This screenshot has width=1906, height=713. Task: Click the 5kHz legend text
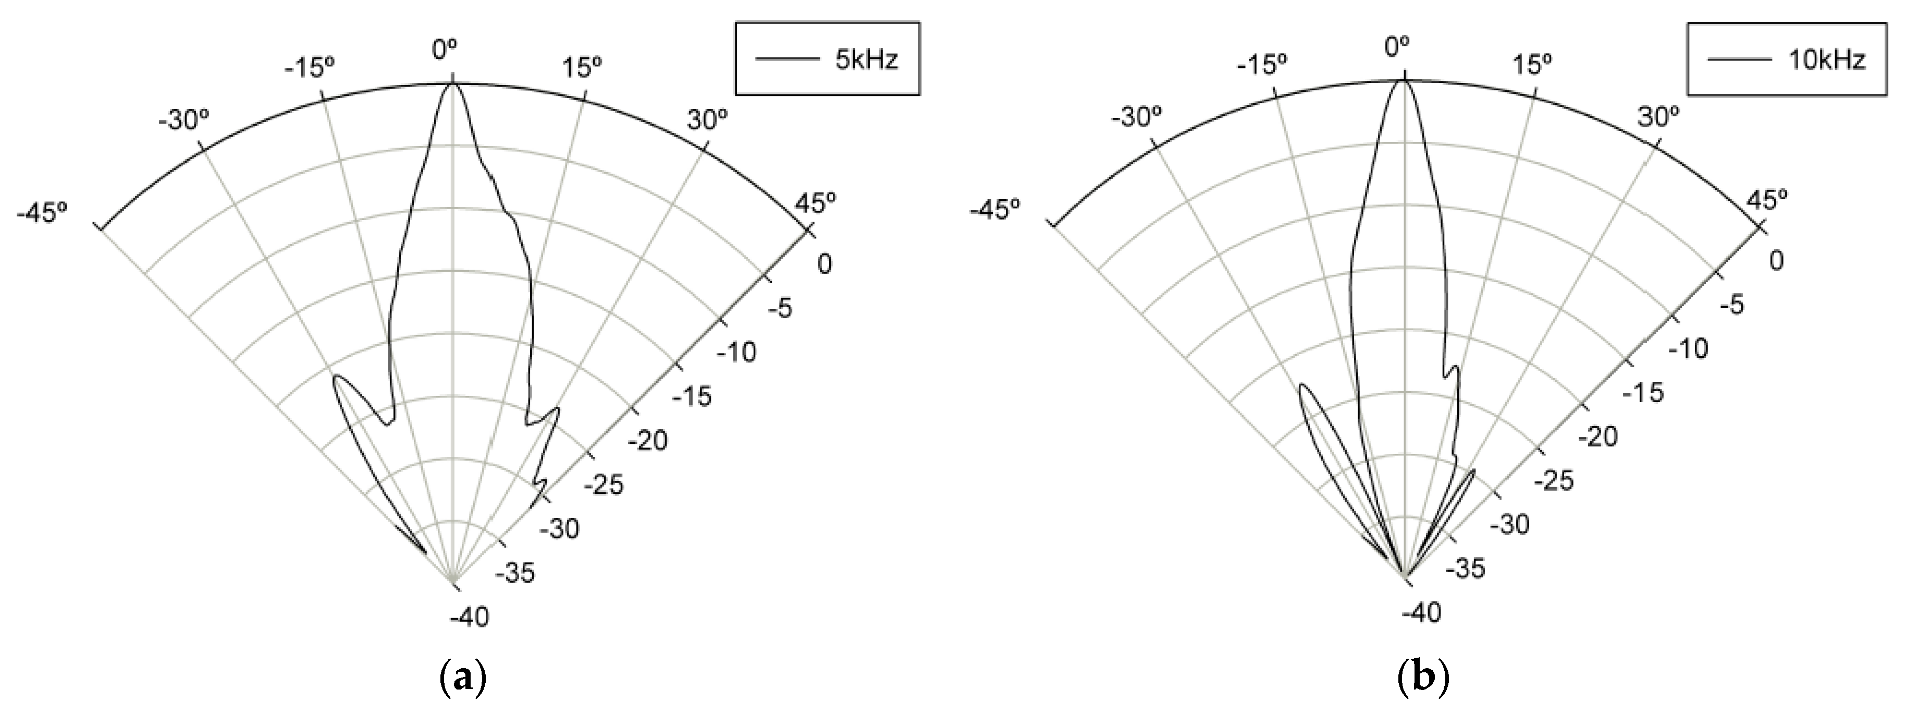pos(866,59)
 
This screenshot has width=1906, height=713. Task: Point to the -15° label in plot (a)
pos(309,68)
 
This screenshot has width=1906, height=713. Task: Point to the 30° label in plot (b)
pos(1657,117)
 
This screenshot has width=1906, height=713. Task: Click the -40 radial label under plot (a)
pos(470,617)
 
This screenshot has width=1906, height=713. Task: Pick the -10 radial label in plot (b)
pos(1689,348)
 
